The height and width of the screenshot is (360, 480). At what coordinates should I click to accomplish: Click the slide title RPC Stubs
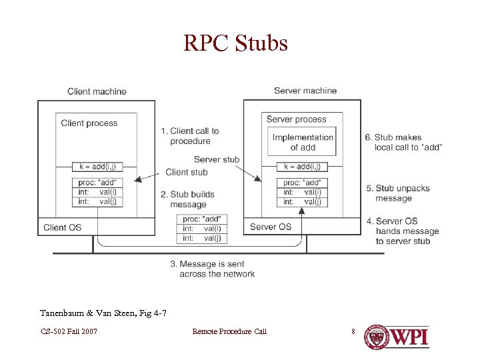236,43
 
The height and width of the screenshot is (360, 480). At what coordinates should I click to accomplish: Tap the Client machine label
97,91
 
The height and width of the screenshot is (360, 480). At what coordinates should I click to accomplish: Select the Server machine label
305,91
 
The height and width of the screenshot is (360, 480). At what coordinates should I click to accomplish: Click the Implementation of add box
303,142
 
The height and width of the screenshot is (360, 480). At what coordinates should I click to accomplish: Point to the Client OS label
62,227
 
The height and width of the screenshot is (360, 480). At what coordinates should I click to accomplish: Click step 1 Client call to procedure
190,136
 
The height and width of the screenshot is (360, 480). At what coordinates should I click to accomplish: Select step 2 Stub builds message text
188,199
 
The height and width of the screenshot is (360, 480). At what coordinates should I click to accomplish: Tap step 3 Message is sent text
213,269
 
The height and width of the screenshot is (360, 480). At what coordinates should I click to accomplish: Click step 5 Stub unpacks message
398,193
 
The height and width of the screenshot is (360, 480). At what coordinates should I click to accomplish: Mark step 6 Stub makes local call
403,142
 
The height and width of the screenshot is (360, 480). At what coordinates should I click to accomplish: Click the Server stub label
217,159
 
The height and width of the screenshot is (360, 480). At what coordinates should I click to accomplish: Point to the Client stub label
187,172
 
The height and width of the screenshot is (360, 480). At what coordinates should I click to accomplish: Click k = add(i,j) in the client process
97,166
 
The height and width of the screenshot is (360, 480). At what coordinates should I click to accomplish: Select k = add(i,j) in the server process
302,167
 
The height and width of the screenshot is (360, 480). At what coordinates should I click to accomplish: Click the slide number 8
353,331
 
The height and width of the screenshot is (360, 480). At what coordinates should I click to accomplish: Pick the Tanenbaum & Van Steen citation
103,313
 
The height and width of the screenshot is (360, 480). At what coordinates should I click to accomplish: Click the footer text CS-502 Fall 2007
69,331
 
